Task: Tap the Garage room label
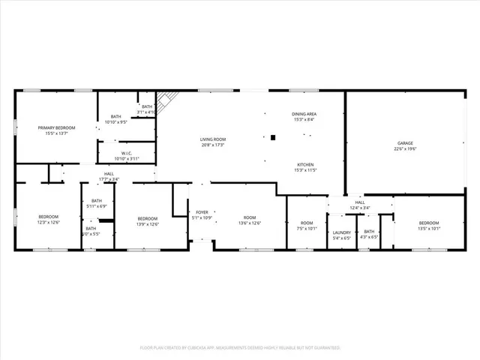click(x=405, y=142)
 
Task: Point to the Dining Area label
click(x=304, y=114)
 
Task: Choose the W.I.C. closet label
click(x=126, y=154)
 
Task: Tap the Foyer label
click(x=202, y=212)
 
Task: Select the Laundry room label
click(x=342, y=232)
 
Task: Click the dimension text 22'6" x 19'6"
click(x=405, y=148)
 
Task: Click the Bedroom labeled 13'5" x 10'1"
click(x=428, y=223)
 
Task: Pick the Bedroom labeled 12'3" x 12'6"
click(x=49, y=217)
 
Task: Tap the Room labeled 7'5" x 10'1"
click(x=307, y=223)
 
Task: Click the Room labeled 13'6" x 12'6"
click(x=250, y=217)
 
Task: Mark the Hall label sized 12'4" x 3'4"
click(x=359, y=202)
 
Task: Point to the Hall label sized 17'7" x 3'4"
click(x=109, y=174)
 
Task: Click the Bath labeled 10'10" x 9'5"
click(x=116, y=116)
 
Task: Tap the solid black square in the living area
click(x=273, y=137)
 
